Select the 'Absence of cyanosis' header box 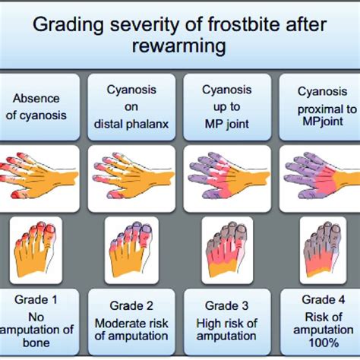41,106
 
